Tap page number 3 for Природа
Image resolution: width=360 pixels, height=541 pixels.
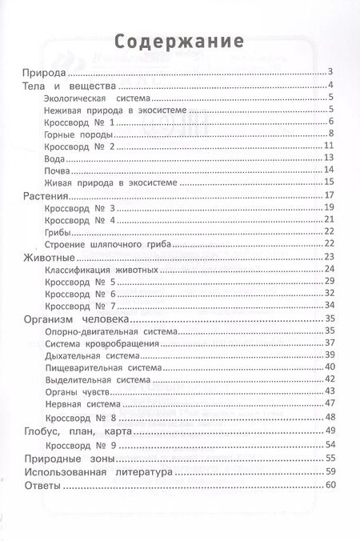pos(330,73)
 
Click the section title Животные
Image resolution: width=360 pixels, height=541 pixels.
pos(50,257)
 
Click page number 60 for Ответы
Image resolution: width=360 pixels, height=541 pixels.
pos(327,487)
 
